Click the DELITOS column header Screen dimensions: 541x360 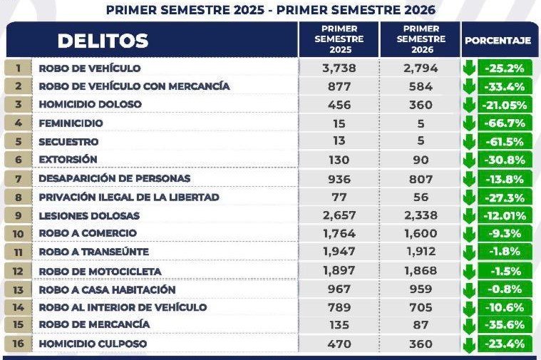point(103,41)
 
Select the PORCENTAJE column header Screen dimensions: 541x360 point(498,41)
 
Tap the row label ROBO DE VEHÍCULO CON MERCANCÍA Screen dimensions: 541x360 point(134,86)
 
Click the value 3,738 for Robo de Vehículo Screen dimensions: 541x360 point(339,68)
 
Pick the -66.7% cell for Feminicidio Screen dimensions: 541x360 point(505,123)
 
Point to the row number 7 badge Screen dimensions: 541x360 point(19,179)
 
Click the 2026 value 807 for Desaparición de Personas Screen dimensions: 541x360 point(421,179)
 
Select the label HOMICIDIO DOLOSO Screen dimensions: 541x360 point(90,104)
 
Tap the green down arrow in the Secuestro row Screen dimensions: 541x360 point(469,142)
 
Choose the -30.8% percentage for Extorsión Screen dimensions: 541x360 point(505,160)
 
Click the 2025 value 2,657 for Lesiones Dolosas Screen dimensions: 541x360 point(339,215)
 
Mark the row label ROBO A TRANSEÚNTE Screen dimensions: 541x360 point(94,252)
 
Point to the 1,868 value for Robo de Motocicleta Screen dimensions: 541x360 point(421,271)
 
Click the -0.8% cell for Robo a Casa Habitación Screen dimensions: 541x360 point(505,289)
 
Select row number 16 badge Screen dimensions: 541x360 point(19,344)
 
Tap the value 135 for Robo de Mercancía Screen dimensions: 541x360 point(339,325)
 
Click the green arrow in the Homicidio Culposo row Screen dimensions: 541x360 point(469,344)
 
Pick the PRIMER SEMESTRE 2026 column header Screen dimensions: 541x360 point(421,39)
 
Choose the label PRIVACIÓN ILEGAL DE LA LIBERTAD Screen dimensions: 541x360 point(129,197)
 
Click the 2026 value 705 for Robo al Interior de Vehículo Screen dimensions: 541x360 point(421,307)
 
